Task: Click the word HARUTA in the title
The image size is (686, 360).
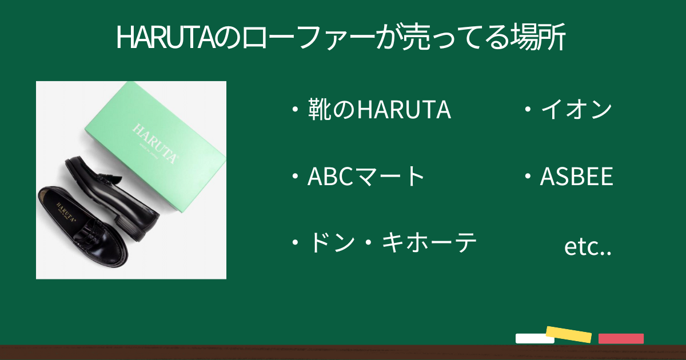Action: (x=165, y=37)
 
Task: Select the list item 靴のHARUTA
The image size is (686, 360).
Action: (x=379, y=109)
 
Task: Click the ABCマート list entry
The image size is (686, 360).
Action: (x=366, y=176)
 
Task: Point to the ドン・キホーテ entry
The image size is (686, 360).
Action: (x=393, y=242)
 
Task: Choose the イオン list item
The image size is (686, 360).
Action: (x=577, y=109)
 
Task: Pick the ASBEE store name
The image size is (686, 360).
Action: (x=576, y=177)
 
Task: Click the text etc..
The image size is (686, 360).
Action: (x=588, y=247)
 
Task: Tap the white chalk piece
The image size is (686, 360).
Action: (x=535, y=338)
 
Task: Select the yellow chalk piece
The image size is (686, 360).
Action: (x=569, y=334)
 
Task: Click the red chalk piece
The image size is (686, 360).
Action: (x=621, y=338)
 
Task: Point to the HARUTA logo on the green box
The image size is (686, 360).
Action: (x=155, y=143)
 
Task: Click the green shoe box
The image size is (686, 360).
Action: (x=155, y=147)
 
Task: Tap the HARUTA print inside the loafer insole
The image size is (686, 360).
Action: (x=65, y=212)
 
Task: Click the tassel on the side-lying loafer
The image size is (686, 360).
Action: (x=110, y=179)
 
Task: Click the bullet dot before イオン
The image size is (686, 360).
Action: (x=528, y=109)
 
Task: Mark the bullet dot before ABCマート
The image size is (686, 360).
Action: (x=295, y=177)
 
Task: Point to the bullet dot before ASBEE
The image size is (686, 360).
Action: (x=528, y=177)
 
